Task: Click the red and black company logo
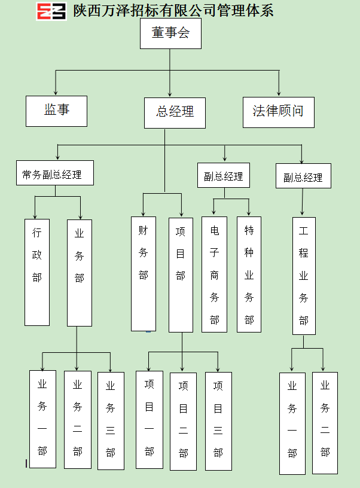tap(51, 11)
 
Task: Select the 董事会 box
tap(170, 33)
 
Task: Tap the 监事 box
tap(56, 111)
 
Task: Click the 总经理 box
tap(175, 113)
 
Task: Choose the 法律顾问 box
tap(279, 112)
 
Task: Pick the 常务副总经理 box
tap(55, 173)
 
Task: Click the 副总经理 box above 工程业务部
tap(303, 176)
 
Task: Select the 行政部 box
tap(37, 272)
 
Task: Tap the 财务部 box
tap(144, 274)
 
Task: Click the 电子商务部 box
tap(214, 274)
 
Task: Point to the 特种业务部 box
tap(249, 274)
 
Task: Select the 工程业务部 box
tap(304, 276)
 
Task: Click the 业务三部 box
tap(111, 421)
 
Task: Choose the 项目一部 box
tap(150, 420)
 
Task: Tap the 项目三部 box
tap(218, 421)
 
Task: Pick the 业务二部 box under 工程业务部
tap(325, 423)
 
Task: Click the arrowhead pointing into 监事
tap(56, 93)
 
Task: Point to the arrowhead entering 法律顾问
tap(279, 93)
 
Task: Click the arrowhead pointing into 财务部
tap(143, 214)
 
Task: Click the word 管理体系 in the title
tap(245, 11)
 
